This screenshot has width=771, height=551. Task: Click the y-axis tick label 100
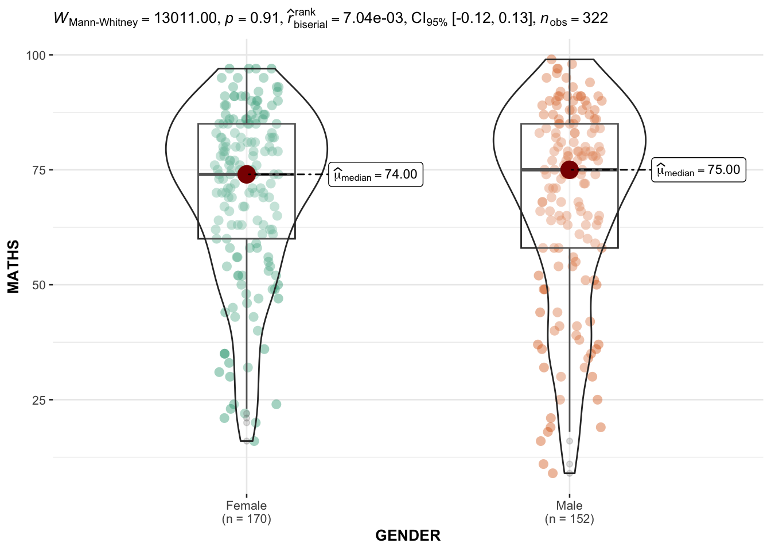click(x=36, y=55)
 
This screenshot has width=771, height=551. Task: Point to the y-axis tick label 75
click(x=39, y=170)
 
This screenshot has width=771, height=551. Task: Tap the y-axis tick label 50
click(x=39, y=285)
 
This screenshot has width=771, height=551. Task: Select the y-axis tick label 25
click(x=39, y=399)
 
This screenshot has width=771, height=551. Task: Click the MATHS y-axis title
click(x=14, y=266)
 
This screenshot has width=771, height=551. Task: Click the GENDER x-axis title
click(x=408, y=536)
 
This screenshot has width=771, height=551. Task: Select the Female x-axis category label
click(x=246, y=506)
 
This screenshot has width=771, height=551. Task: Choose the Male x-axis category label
click(x=569, y=506)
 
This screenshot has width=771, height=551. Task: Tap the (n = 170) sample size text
click(x=246, y=519)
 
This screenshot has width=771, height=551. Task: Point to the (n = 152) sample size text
click(x=569, y=519)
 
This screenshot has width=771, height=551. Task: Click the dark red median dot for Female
click(x=246, y=174)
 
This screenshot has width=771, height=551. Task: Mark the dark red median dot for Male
click(x=569, y=169)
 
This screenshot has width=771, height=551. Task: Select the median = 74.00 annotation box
click(x=376, y=174)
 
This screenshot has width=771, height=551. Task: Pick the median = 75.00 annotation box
click(x=698, y=170)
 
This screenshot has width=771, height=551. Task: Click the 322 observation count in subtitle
click(x=595, y=18)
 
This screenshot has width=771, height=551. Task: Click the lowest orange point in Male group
click(x=552, y=473)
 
